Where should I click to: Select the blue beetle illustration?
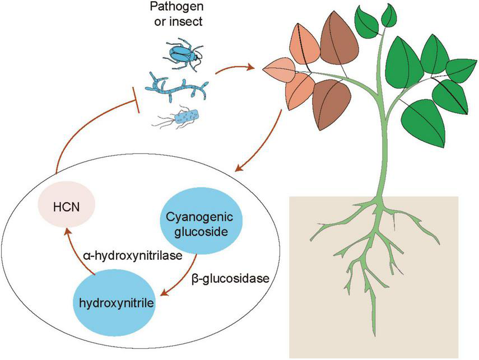tap(183, 54)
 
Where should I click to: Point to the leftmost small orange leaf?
tap(278, 72)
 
